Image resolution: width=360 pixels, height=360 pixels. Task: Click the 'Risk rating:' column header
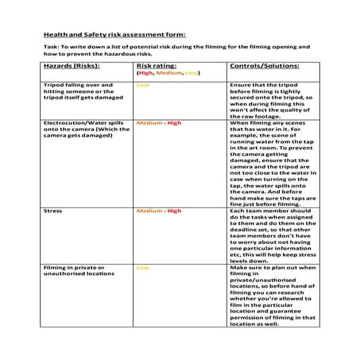pyautogui.click(x=156, y=66)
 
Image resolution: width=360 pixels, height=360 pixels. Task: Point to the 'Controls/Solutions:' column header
pyautogui.click(x=264, y=66)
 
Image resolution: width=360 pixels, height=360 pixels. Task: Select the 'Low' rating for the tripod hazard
pyautogui.click(x=143, y=84)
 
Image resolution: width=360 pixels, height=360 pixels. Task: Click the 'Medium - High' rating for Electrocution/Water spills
pyautogui.click(x=159, y=123)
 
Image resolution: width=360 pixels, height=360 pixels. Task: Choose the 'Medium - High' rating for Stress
pyautogui.click(x=159, y=211)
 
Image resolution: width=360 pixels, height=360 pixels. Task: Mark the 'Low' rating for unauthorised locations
pyautogui.click(x=143, y=268)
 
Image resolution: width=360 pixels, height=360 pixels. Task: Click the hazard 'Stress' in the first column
pyautogui.click(x=54, y=211)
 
